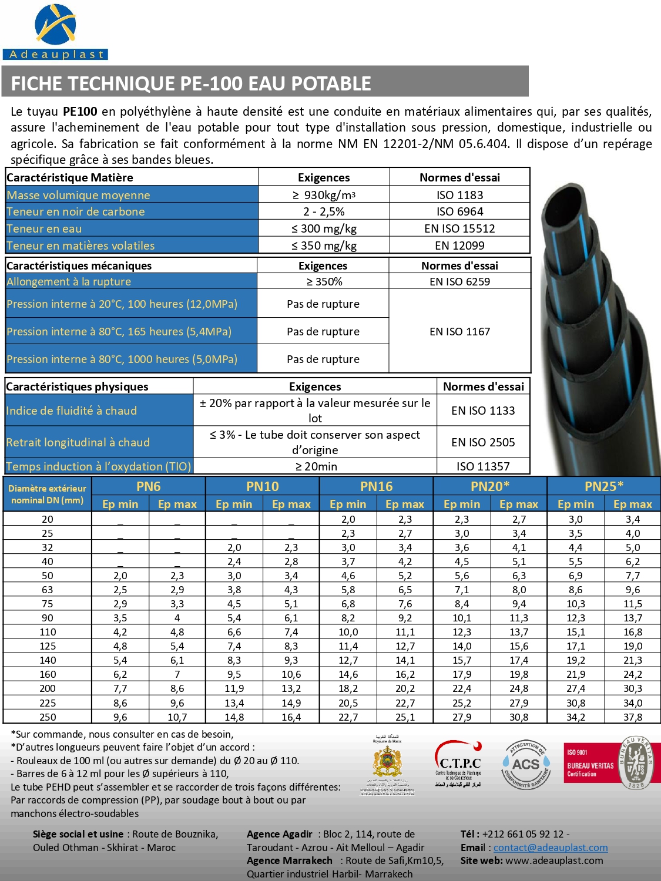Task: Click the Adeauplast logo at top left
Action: (x=55, y=32)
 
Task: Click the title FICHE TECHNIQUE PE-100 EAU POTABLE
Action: (x=191, y=83)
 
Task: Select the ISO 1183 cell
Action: (x=459, y=195)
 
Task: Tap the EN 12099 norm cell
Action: (x=459, y=246)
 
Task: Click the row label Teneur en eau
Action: (x=44, y=228)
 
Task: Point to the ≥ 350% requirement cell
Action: (x=324, y=281)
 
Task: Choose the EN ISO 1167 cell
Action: (x=459, y=331)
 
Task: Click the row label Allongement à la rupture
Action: (x=69, y=281)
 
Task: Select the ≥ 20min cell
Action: (x=316, y=466)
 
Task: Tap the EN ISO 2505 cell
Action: (x=483, y=442)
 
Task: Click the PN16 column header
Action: (x=376, y=486)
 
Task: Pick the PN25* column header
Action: (x=604, y=486)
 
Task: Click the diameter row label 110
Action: (x=48, y=632)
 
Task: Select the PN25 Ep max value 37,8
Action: (x=633, y=717)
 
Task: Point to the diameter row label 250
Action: (x=48, y=717)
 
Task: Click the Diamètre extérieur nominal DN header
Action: (x=47, y=494)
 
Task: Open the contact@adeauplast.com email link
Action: (x=551, y=848)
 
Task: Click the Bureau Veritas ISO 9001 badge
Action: (x=611, y=763)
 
